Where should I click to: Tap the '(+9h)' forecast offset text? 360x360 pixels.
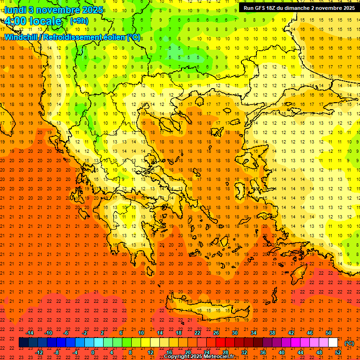pos(78,21)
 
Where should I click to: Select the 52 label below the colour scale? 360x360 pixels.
pos(338,352)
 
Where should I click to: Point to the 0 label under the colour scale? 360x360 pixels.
pos(93,352)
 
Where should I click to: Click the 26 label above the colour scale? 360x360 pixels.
pos(216,333)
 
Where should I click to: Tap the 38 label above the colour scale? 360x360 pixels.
pos(272,333)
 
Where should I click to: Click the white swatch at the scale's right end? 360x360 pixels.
pos(333,343)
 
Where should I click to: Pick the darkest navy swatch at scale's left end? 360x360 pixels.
pos(23,343)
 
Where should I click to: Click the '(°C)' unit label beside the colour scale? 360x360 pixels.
pos(349,343)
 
